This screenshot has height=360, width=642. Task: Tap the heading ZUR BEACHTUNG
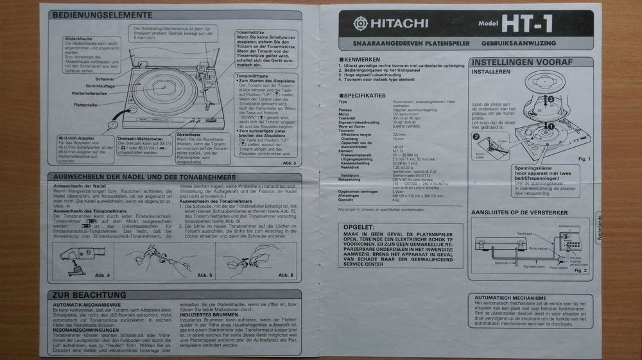click(x=84, y=295)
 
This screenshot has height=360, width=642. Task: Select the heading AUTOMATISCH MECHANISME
click(x=510, y=298)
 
